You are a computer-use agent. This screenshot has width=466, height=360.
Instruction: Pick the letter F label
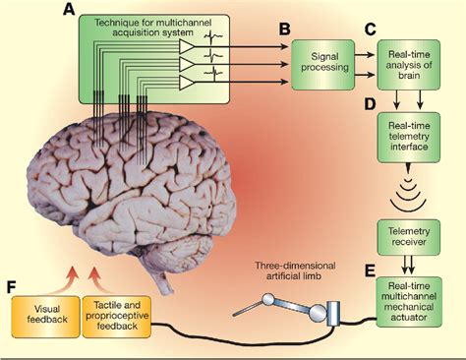pos(11,288)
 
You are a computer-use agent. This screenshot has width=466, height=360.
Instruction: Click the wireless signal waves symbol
pos(407,196)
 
